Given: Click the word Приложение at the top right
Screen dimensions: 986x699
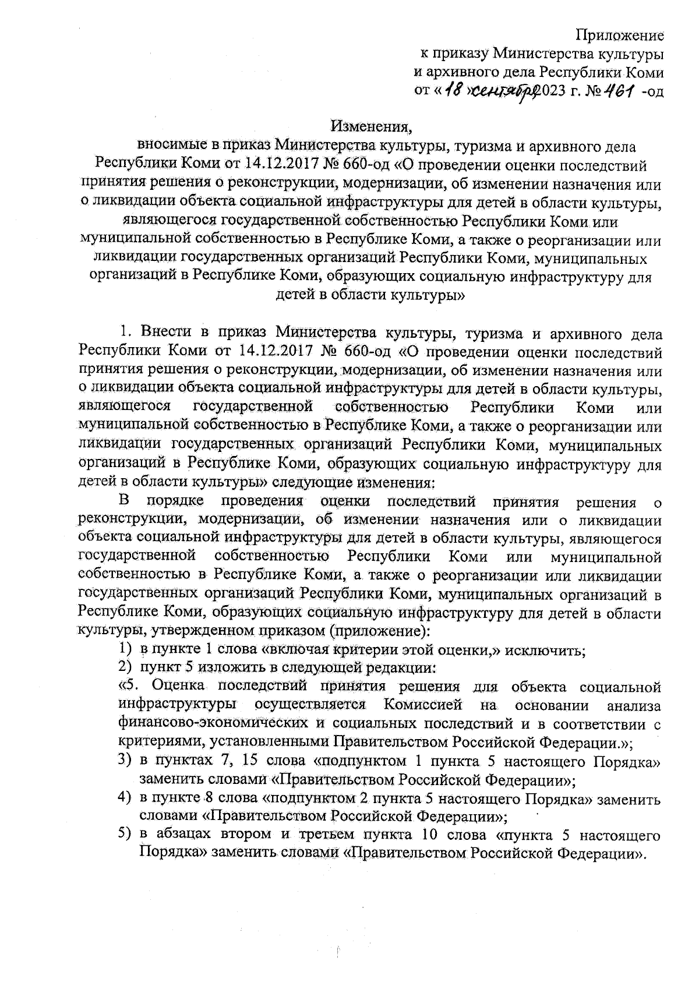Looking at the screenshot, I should pos(620,36).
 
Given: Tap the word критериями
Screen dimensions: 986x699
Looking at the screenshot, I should pos(156,743).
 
